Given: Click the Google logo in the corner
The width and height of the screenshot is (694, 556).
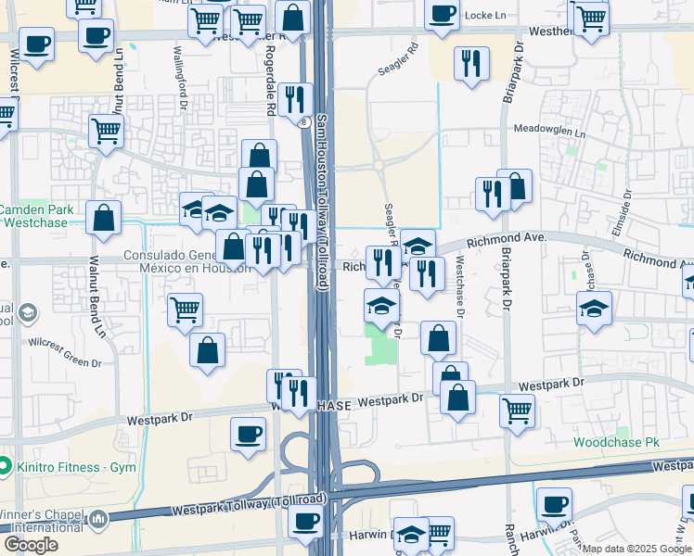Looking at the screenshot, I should [x=31, y=545].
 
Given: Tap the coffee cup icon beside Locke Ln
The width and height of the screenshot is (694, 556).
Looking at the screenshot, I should [x=442, y=13].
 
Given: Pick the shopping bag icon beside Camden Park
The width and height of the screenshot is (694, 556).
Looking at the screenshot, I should [x=103, y=218].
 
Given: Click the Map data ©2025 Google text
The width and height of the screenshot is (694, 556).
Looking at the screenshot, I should [x=636, y=549].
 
